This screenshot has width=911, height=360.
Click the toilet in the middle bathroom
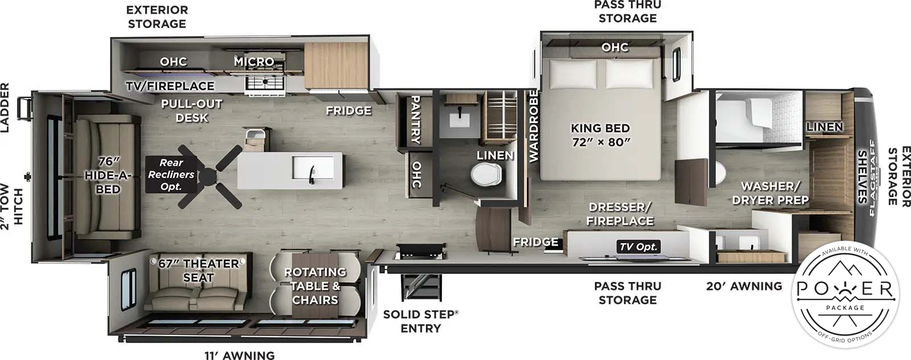(487, 175)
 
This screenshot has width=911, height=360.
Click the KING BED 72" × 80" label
(600, 135)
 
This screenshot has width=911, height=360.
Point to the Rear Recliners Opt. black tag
(171, 174)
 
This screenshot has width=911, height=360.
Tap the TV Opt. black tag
(638, 247)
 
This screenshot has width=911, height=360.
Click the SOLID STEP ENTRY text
(420, 321)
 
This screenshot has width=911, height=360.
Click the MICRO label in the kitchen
(254, 61)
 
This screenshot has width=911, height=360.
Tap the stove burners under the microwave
(265, 83)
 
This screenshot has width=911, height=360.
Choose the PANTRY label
(416, 119)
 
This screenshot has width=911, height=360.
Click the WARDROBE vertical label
(534, 126)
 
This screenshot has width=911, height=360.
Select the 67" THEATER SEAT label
(198, 271)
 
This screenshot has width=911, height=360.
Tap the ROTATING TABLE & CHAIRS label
(315, 286)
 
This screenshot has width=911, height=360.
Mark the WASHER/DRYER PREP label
(770, 193)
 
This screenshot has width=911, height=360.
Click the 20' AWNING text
(744, 287)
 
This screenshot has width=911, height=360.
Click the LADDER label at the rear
(5, 108)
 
